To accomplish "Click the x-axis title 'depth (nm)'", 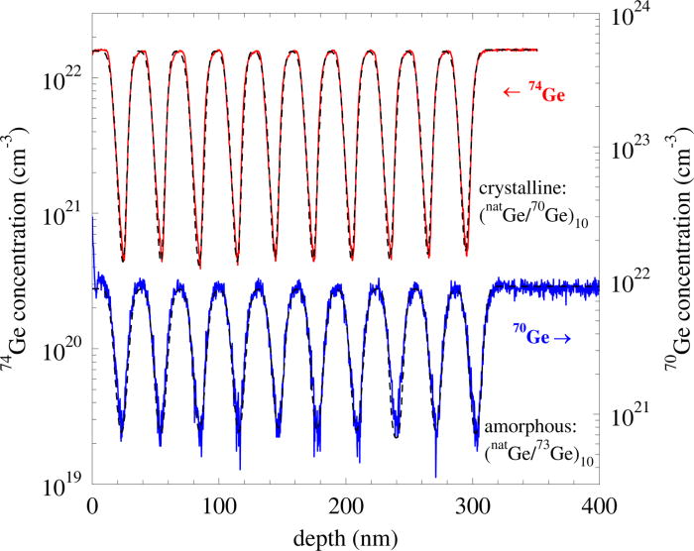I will click(x=345, y=537).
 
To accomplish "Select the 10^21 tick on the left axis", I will click(x=61, y=214).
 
